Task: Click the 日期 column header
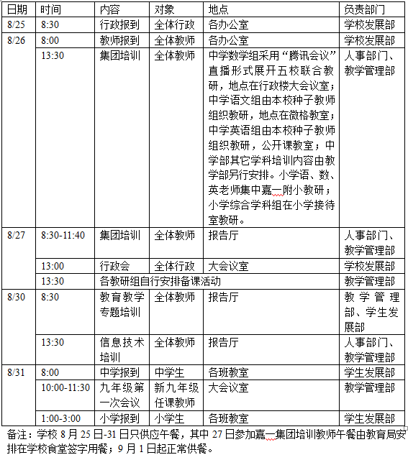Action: [17, 10]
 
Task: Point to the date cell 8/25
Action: [16, 24]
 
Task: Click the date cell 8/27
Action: [16, 235]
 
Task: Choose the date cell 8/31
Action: [16, 372]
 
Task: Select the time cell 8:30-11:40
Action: [63, 235]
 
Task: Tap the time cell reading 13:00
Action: [52, 266]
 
